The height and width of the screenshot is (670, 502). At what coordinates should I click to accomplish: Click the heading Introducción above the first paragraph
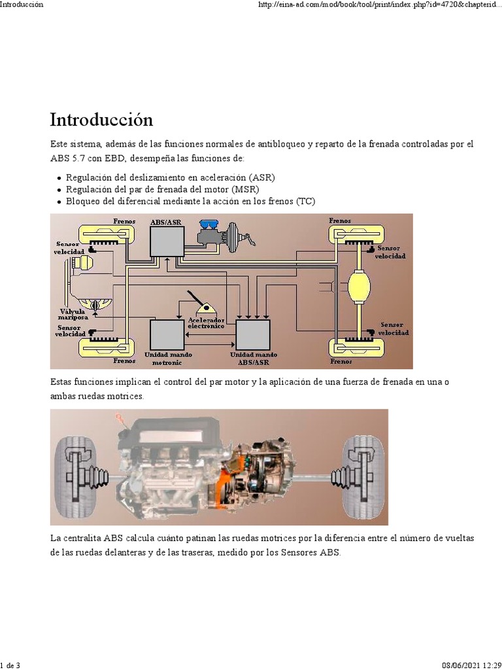101,120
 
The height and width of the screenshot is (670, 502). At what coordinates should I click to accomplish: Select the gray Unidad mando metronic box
167,334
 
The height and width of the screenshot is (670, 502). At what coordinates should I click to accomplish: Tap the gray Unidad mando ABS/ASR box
253,334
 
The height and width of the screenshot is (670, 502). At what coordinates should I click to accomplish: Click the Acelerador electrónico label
206,323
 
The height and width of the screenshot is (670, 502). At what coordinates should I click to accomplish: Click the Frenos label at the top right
340,221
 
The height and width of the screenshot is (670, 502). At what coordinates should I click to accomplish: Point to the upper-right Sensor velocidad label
390,252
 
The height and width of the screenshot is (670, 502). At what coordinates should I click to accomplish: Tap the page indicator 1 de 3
10,665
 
